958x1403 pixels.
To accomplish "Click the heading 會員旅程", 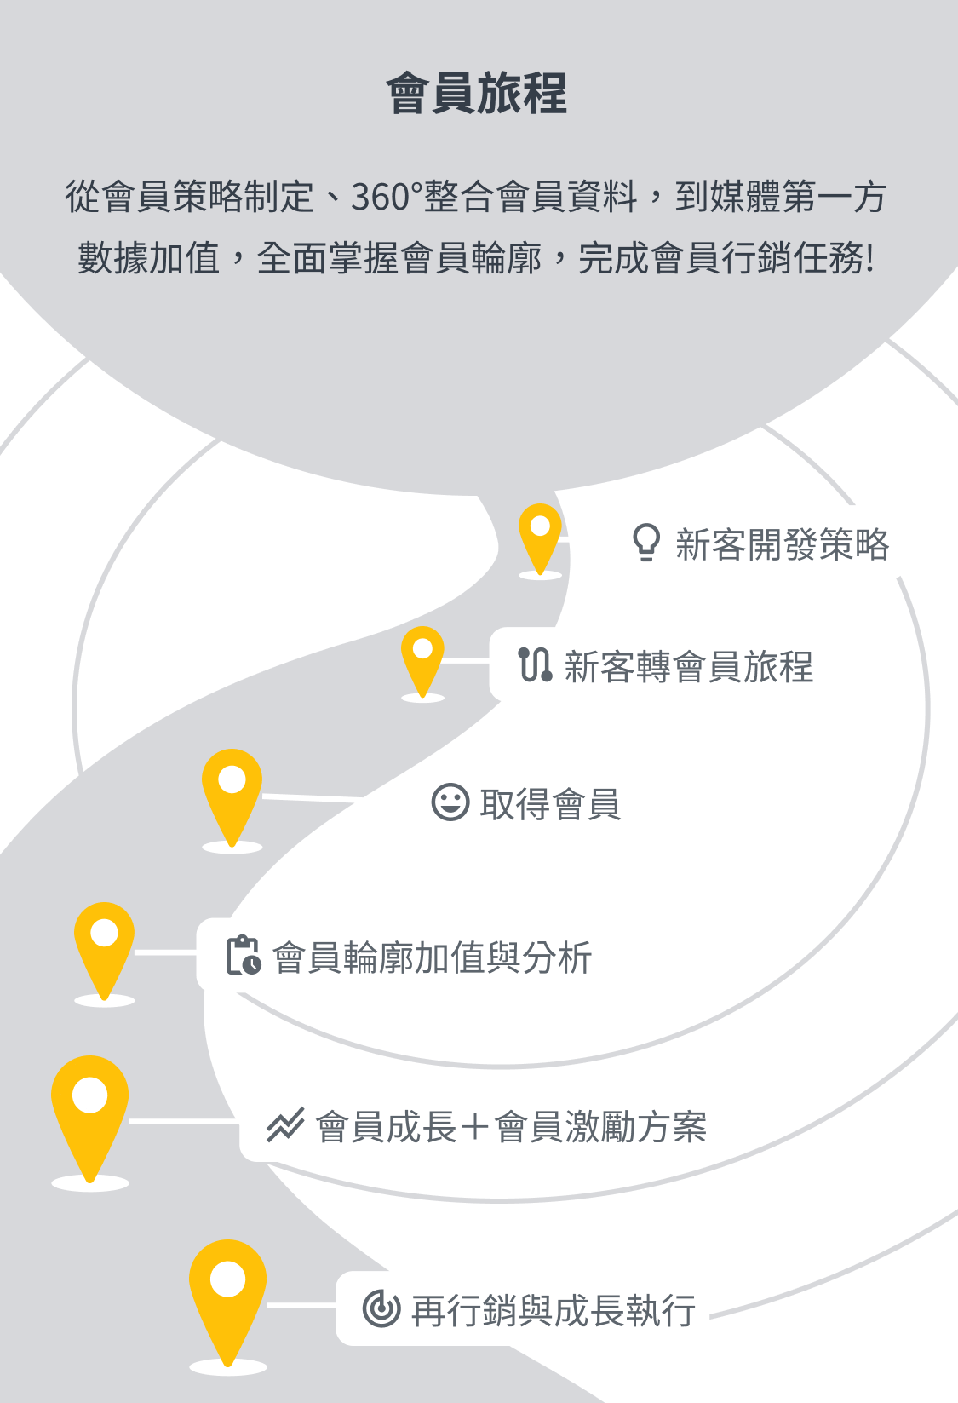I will tap(476, 93).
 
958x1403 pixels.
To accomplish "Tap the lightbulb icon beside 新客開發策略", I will tap(646, 543).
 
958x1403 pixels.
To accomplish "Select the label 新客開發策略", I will tap(782, 544).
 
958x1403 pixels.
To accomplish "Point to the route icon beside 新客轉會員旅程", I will tap(535, 664).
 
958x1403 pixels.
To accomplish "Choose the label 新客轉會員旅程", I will tap(688, 666).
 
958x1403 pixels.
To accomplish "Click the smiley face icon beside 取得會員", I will tap(450, 802).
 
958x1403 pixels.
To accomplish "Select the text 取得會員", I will tap(549, 803).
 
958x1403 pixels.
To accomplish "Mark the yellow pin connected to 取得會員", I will tap(232, 788).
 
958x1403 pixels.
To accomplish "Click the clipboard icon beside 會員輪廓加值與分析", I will tap(244, 955).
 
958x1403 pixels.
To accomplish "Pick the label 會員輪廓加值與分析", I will tap(432, 957).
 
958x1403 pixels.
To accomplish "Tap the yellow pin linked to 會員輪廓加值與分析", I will tap(104, 941).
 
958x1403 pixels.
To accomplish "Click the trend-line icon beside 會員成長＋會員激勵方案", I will tap(284, 1124).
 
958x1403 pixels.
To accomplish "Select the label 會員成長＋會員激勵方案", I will tap(511, 1127).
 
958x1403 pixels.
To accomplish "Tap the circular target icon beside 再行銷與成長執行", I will tap(381, 1308).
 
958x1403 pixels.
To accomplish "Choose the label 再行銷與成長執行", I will tap(554, 1310).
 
